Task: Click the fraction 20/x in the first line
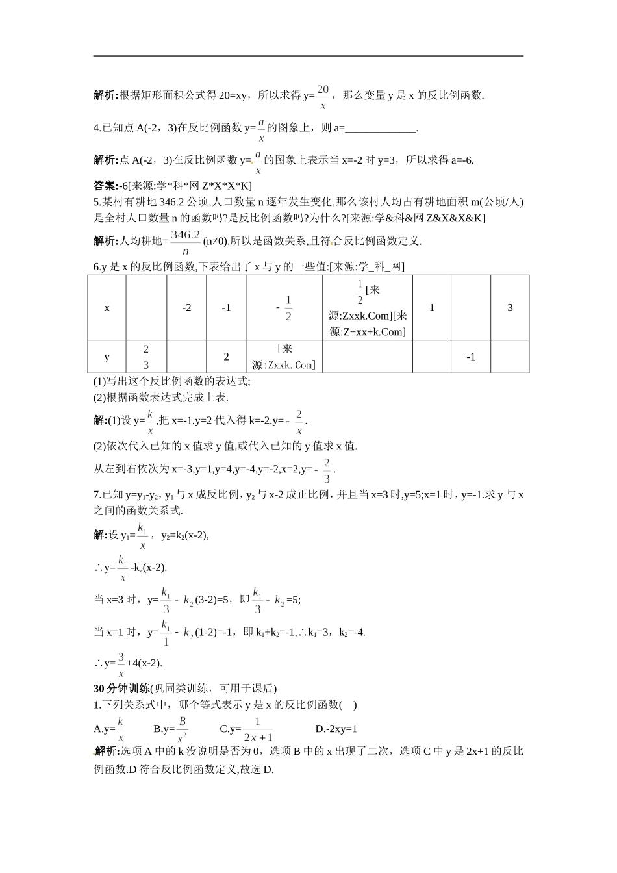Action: pos(323,96)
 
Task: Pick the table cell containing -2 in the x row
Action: pos(186,308)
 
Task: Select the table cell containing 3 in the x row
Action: pos(510,308)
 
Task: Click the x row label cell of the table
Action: pos(107,308)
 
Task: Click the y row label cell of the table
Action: pos(107,357)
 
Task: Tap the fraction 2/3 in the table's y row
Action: pos(146,357)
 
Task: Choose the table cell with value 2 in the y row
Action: pos(226,357)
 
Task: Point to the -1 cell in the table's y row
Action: pos(471,357)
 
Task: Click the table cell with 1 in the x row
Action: pos(432,308)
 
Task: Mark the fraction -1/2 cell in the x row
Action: pos(284,308)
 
